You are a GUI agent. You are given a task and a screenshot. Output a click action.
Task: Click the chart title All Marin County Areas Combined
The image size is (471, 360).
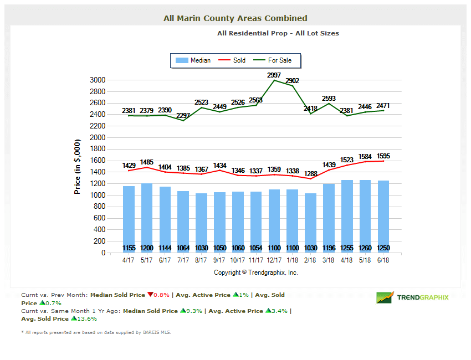point(235,18)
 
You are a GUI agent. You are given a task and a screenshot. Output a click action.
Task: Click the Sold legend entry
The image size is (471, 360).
point(232,60)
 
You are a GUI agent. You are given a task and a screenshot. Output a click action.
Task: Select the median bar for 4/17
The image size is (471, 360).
point(129,219)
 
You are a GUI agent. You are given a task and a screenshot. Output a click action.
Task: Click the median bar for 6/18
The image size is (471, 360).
point(383,216)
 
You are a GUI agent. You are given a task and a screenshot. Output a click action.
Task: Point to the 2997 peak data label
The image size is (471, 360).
point(274,75)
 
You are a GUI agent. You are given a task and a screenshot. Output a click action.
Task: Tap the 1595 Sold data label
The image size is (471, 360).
point(383,156)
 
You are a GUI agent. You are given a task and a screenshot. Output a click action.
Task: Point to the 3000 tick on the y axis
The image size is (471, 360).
point(97,80)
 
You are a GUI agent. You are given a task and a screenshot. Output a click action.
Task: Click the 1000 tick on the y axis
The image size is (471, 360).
point(97,196)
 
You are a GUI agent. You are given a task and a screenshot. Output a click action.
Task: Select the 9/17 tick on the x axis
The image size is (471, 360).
point(220,260)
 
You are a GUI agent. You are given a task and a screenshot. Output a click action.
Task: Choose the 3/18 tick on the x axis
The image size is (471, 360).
point(329,260)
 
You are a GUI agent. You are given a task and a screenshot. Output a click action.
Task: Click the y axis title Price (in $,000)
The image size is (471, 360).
point(78,166)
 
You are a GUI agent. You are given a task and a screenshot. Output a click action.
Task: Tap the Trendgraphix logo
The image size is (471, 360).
point(413,297)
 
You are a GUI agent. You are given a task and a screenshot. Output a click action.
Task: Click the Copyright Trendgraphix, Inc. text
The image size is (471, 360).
point(256,272)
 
